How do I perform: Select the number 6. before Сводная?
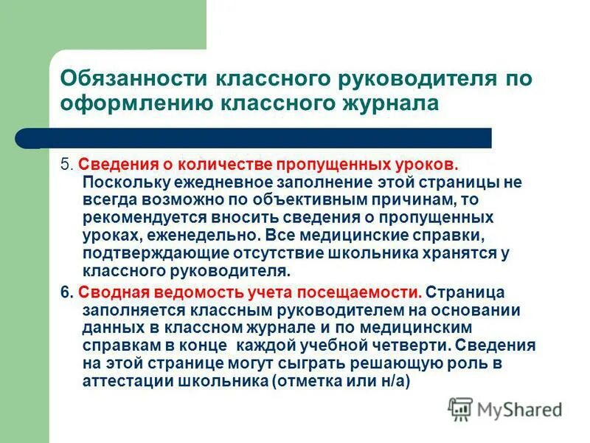[x=66, y=292]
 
